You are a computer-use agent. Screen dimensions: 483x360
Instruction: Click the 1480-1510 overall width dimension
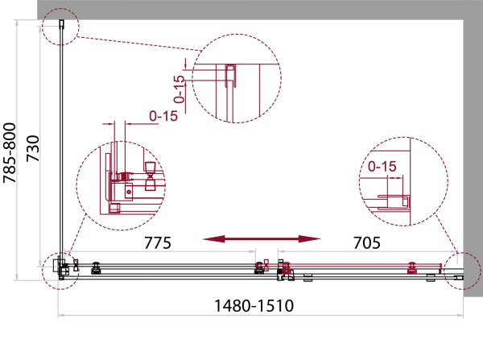254,306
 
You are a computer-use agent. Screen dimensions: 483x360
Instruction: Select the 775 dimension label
158,243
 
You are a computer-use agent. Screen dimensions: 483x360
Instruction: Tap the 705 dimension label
367,243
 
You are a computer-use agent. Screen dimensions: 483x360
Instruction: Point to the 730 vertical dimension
33,148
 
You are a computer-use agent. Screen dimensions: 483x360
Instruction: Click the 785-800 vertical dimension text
10,153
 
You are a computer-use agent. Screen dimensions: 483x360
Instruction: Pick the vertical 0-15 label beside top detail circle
179,89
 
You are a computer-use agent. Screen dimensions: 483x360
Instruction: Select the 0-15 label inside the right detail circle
382,167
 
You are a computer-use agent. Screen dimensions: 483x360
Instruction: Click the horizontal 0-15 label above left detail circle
163,116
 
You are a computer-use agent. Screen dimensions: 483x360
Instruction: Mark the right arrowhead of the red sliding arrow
310,238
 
